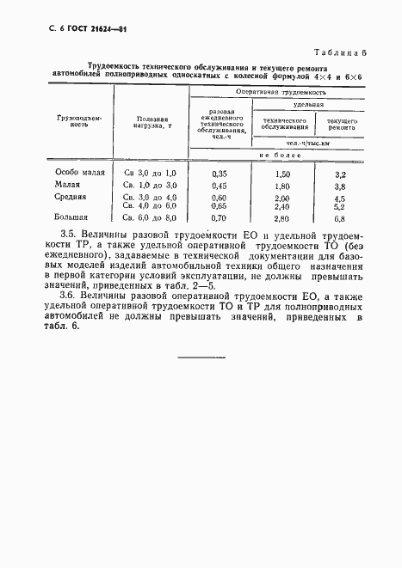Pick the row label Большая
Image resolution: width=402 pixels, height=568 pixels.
click(71, 218)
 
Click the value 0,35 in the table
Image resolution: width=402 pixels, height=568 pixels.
click(219, 174)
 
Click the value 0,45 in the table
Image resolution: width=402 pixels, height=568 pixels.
click(219, 186)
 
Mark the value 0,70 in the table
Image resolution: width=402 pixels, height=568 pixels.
click(219, 219)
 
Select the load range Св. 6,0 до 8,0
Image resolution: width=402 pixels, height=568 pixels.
click(150, 219)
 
